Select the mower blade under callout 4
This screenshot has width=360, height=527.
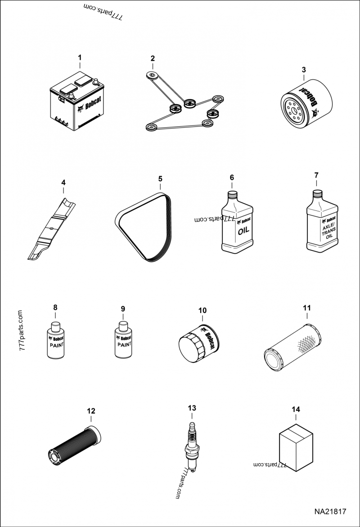(x=51, y=229)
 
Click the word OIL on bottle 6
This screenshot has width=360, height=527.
(x=243, y=231)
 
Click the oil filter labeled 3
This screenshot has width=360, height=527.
(x=306, y=103)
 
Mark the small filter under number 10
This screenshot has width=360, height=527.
(x=198, y=343)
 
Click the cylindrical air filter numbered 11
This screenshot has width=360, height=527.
(x=292, y=347)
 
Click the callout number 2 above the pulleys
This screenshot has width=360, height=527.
(x=153, y=58)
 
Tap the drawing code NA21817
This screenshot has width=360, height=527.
(x=330, y=512)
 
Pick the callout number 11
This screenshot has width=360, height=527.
(x=307, y=308)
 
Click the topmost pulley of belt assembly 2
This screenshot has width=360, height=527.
(x=152, y=75)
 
